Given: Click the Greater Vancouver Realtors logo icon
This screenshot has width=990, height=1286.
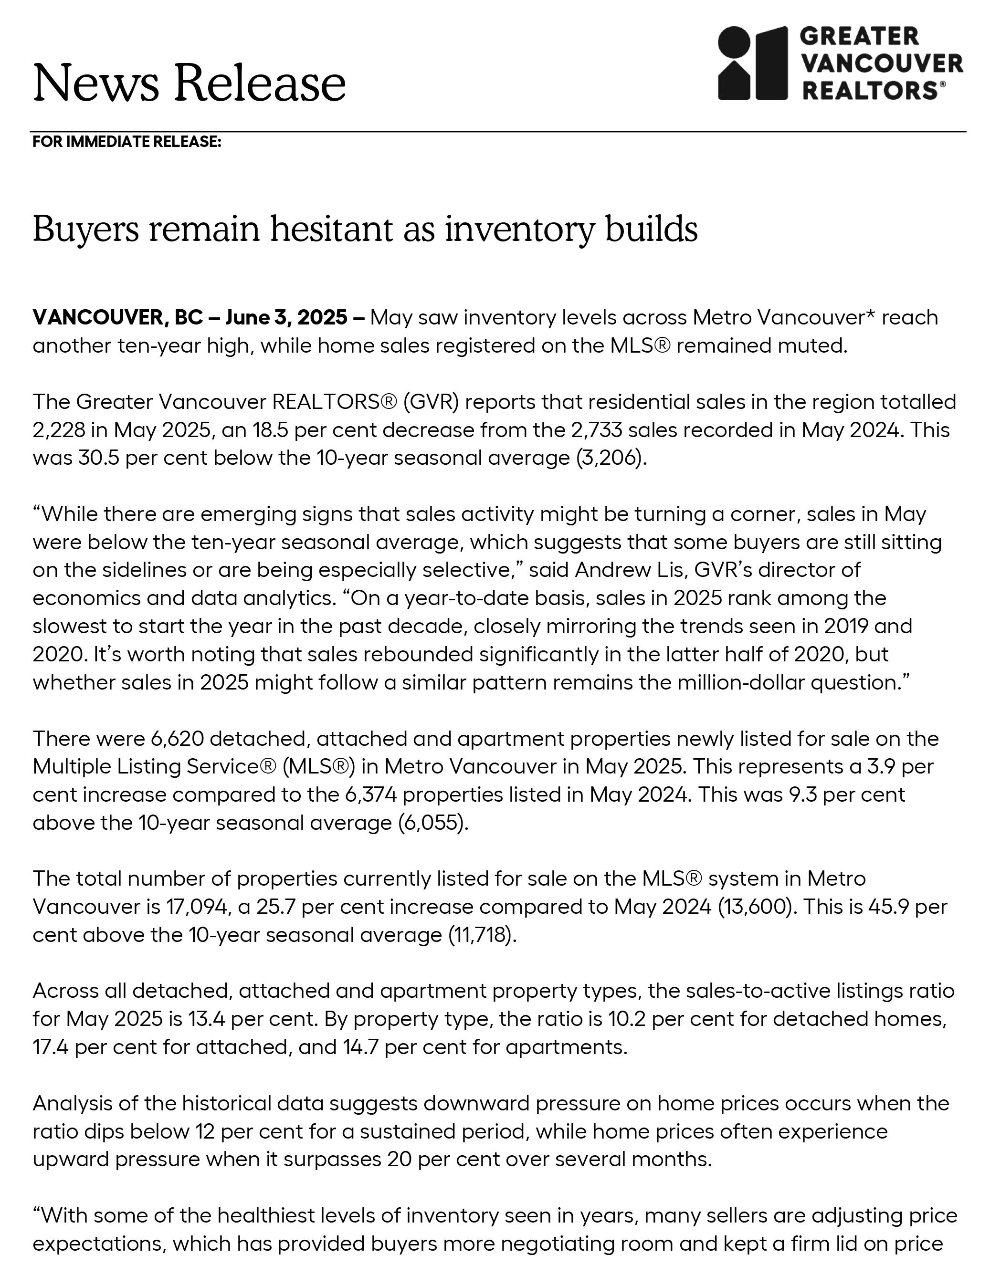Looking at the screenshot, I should click(x=753, y=63).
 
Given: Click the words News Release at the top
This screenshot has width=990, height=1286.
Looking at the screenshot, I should click(x=189, y=83).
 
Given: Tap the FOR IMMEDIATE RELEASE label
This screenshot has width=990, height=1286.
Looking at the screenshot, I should click(x=126, y=142).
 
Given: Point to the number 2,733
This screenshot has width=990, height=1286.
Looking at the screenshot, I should click(x=596, y=430).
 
